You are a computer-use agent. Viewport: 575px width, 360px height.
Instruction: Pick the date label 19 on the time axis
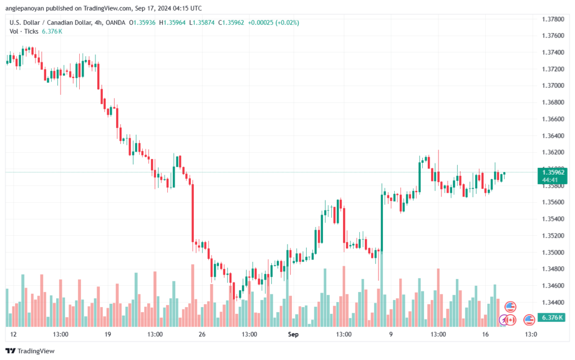(108, 334)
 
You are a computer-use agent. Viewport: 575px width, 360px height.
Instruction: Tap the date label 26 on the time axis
(202, 334)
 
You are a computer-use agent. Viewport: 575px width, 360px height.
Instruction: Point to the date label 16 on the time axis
(485, 334)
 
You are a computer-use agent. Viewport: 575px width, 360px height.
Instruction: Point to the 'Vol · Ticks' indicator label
(24, 31)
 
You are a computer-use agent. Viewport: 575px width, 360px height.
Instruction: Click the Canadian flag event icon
(511, 320)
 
